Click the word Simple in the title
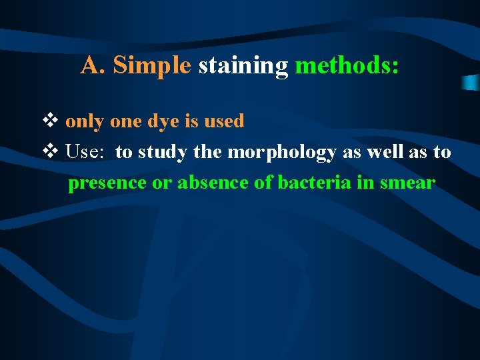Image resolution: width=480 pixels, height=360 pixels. [x=152, y=65]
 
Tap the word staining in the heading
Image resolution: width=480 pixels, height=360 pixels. [x=243, y=66]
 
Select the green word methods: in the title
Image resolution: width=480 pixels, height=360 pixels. [x=347, y=65]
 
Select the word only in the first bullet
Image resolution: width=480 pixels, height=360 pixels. [x=84, y=122]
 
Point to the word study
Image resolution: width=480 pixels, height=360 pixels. [x=164, y=153]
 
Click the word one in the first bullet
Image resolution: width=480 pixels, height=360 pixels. [x=125, y=122]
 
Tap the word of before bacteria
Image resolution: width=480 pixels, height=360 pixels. [x=263, y=183]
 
